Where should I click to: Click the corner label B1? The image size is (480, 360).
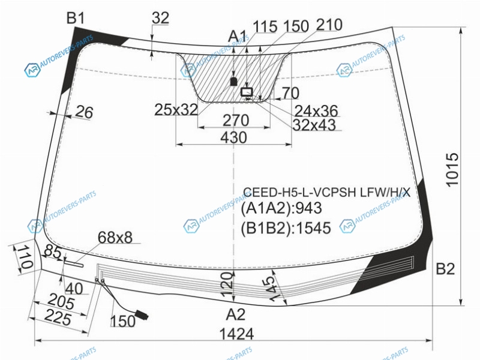tap(76, 19)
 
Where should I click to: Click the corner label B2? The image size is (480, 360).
tap(445, 269)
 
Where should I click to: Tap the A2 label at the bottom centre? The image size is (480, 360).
tap(236, 314)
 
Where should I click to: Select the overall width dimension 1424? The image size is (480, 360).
tap(237, 334)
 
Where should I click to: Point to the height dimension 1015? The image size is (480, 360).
tap(452, 170)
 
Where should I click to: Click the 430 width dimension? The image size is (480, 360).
tap(233, 137)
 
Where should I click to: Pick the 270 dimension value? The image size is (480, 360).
tap(235, 121)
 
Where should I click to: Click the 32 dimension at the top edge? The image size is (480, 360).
tap(160, 18)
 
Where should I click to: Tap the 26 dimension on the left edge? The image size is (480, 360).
tap(84, 112)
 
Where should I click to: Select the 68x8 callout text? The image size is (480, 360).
tap(115, 237)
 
